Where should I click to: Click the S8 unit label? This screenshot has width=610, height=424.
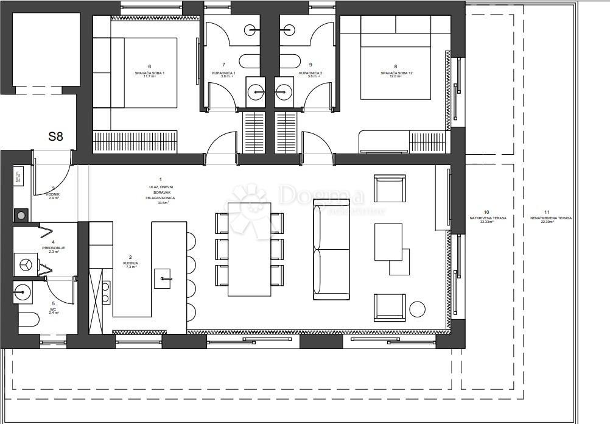point(55,136)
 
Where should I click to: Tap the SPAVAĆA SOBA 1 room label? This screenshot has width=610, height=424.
point(150,73)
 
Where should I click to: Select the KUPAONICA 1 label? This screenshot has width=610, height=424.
point(223,73)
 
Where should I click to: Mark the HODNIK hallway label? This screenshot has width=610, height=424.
point(53,194)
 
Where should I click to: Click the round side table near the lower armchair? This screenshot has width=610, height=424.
point(418,309)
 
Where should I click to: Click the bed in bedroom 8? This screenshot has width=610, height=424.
point(396,67)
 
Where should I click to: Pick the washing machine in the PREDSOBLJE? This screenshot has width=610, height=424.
point(26,264)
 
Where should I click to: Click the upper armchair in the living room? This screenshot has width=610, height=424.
point(390,189)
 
